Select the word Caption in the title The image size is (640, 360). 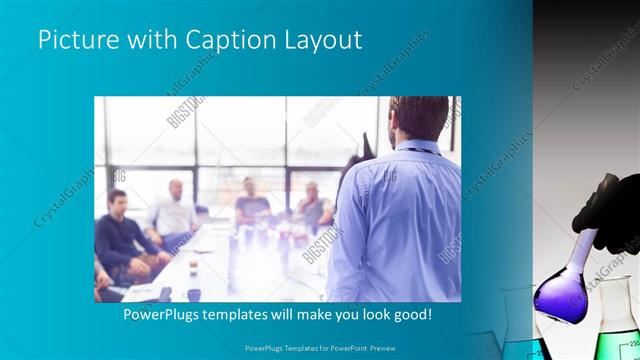[217, 40]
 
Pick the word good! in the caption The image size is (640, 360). [411, 314]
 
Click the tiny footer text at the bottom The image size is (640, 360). [319, 349]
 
